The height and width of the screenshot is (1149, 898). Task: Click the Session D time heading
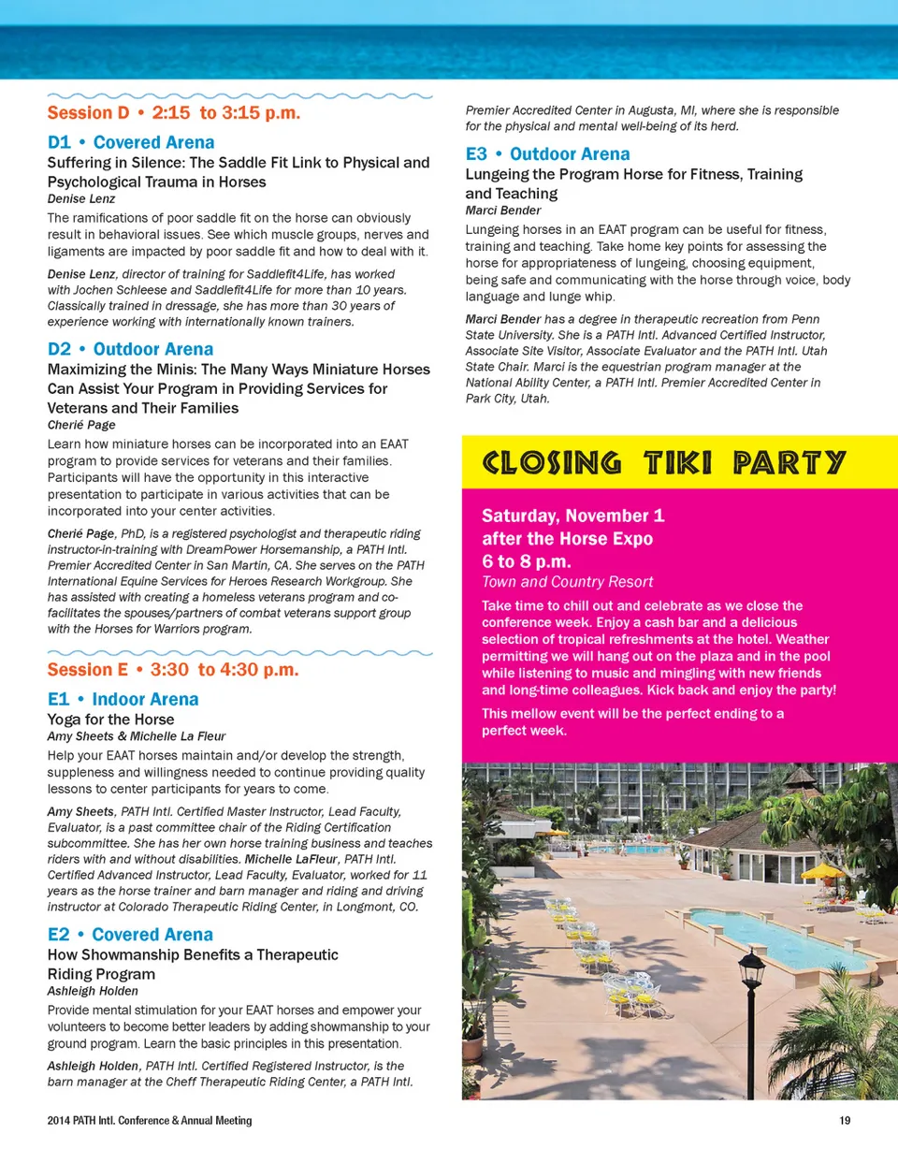pos(173,113)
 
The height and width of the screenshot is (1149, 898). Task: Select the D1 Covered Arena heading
pos(131,143)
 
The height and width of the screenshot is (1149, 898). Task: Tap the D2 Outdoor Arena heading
pos(131,350)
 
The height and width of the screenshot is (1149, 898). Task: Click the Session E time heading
pos(173,670)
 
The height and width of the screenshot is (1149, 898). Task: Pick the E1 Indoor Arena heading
pos(123,699)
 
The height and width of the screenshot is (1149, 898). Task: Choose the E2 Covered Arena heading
pos(130,935)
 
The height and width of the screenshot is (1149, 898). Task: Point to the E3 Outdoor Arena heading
pos(548,154)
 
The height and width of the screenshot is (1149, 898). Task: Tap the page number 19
pos(845,1120)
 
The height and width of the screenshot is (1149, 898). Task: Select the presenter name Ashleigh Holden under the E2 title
pos(93,991)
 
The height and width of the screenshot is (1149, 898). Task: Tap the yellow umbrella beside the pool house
pos(824,872)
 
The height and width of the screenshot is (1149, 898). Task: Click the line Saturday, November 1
pos(572,516)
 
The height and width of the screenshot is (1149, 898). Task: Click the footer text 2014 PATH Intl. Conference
pos(149,1120)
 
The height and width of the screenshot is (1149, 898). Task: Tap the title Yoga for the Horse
pos(110,720)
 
